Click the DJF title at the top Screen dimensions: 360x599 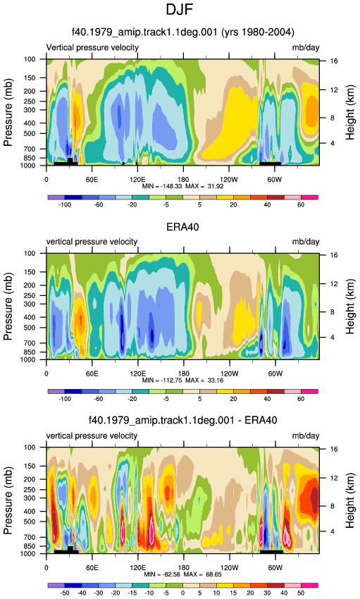pos(180,9)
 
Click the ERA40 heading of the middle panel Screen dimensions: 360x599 pos(182,227)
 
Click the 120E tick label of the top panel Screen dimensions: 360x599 pos(137,180)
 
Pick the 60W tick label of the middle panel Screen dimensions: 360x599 pos(275,373)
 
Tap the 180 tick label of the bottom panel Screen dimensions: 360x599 pos(183,567)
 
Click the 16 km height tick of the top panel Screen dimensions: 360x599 pos(334,61)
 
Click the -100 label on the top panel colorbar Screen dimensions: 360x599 pos(65,205)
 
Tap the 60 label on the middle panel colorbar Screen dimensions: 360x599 pos(301,399)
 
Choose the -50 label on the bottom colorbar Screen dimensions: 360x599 pos(65,593)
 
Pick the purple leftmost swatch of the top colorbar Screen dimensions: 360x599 pos(56,197)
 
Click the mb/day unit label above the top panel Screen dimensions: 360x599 pos(306,47)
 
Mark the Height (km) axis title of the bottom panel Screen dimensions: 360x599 pos(349,500)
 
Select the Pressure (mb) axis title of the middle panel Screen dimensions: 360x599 pos(8,307)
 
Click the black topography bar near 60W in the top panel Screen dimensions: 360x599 pos(271,163)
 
